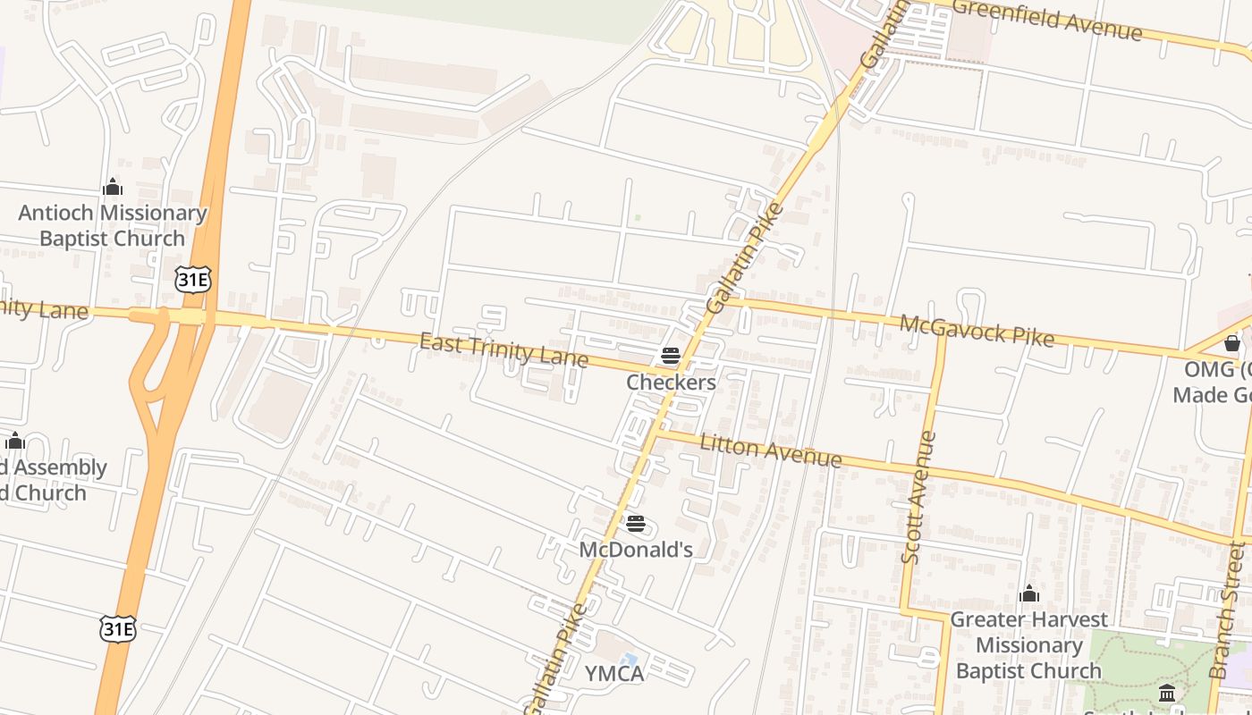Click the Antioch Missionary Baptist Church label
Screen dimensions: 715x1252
113,225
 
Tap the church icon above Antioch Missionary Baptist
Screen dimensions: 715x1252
113,187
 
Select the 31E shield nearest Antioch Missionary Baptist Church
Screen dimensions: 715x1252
193,280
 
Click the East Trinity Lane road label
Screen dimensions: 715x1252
503,350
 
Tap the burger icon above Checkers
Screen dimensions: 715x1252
671,357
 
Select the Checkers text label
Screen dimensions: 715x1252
671,383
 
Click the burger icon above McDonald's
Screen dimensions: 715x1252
636,523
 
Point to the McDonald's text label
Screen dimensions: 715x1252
636,549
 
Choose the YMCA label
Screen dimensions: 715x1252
614,673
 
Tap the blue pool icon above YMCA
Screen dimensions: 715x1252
630,660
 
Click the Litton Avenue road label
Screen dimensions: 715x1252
771,450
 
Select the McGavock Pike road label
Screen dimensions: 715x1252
977,330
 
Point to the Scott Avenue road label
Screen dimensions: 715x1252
919,498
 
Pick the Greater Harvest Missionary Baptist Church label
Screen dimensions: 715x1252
1028,644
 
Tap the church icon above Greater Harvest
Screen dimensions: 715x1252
1029,593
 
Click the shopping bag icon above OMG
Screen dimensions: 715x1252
1232,343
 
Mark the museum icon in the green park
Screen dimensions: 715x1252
1167,693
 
